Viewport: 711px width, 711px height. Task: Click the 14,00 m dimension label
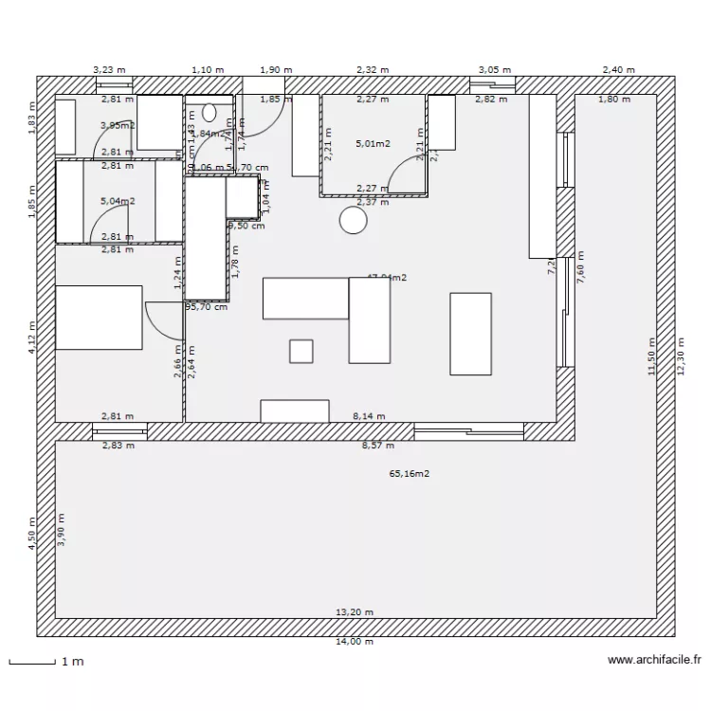(x=355, y=642)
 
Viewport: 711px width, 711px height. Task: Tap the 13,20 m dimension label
(x=355, y=612)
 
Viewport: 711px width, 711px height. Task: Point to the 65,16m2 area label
(x=410, y=473)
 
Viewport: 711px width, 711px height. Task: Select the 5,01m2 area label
(x=373, y=144)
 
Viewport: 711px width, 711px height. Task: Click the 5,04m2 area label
(x=118, y=201)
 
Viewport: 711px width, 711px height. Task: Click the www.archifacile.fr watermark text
(x=654, y=661)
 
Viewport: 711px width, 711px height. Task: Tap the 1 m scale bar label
(x=73, y=662)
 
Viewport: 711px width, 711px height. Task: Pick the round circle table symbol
(x=354, y=221)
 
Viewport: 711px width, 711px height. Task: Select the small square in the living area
(x=301, y=351)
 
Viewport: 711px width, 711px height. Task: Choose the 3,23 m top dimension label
(x=108, y=70)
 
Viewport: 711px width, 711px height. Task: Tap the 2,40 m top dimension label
(x=617, y=70)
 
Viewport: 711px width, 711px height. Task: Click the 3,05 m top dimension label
(x=494, y=70)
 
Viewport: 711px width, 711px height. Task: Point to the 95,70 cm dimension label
(x=207, y=307)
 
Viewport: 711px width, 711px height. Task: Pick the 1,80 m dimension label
(x=614, y=99)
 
